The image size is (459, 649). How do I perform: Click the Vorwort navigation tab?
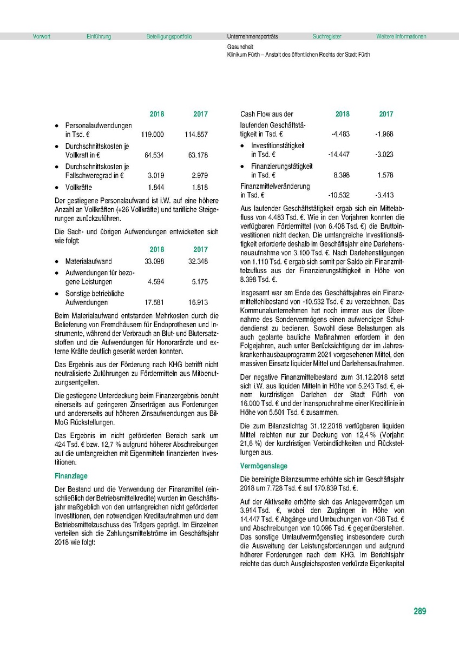[41, 37]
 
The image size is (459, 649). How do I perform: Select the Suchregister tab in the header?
[326, 37]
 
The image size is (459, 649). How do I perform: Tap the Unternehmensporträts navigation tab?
[252, 37]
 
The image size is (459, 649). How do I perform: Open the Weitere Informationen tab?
[401, 37]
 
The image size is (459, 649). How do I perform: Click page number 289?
[419, 612]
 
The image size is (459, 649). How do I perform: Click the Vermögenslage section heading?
[264, 466]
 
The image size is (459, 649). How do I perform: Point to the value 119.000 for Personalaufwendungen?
[152, 134]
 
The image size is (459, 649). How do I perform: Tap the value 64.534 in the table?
[154, 155]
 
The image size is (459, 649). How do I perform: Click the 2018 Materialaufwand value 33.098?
[154, 261]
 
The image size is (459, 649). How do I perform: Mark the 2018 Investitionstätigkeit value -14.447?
[339, 155]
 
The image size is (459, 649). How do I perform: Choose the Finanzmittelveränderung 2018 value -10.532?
[339, 195]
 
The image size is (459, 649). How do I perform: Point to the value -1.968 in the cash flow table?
[384, 134]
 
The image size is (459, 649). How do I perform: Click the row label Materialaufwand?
[89, 261]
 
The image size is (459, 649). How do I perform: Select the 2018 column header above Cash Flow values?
[342, 114]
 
